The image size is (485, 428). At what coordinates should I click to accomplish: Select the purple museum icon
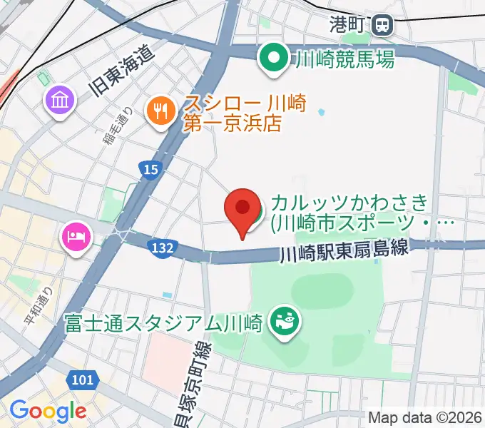click(60, 100)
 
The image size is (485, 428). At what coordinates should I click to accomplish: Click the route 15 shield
click(150, 169)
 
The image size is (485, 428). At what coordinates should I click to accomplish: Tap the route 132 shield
click(163, 246)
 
